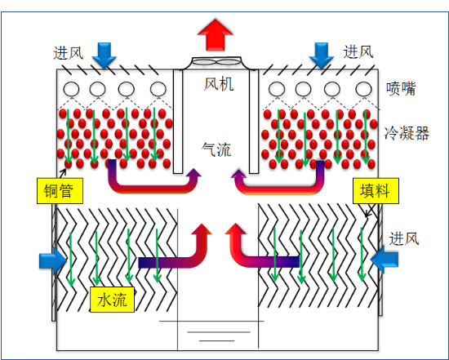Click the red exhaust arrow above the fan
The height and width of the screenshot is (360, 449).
point(216,36)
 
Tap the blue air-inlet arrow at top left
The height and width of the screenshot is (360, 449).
point(104,56)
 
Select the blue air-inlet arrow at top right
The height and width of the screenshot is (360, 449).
point(322,56)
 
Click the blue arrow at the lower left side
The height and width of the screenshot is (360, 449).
point(53,261)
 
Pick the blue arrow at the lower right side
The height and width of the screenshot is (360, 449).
point(385,260)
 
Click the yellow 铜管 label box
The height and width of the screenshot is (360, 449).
point(60,191)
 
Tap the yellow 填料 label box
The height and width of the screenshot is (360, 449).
point(376,191)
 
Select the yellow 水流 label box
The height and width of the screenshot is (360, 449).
point(113,300)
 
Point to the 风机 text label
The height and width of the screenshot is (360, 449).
point(219,84)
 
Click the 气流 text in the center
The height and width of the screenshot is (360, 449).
point(216,149)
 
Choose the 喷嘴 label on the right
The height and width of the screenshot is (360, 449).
point(400,89)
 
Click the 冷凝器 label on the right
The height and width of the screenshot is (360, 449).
point(407,133)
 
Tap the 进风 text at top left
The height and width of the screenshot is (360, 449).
point(68,53)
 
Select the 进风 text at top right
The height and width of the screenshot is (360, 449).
point(358,52)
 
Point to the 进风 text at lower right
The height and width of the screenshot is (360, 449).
point(404,238)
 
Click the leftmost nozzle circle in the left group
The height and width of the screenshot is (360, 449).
point(71,89)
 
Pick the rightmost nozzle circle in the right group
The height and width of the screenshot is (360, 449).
point(363,89)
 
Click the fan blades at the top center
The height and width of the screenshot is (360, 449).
point(216,61)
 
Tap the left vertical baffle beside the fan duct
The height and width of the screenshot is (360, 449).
point(178,122)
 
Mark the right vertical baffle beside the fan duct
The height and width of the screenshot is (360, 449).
point(254,122)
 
